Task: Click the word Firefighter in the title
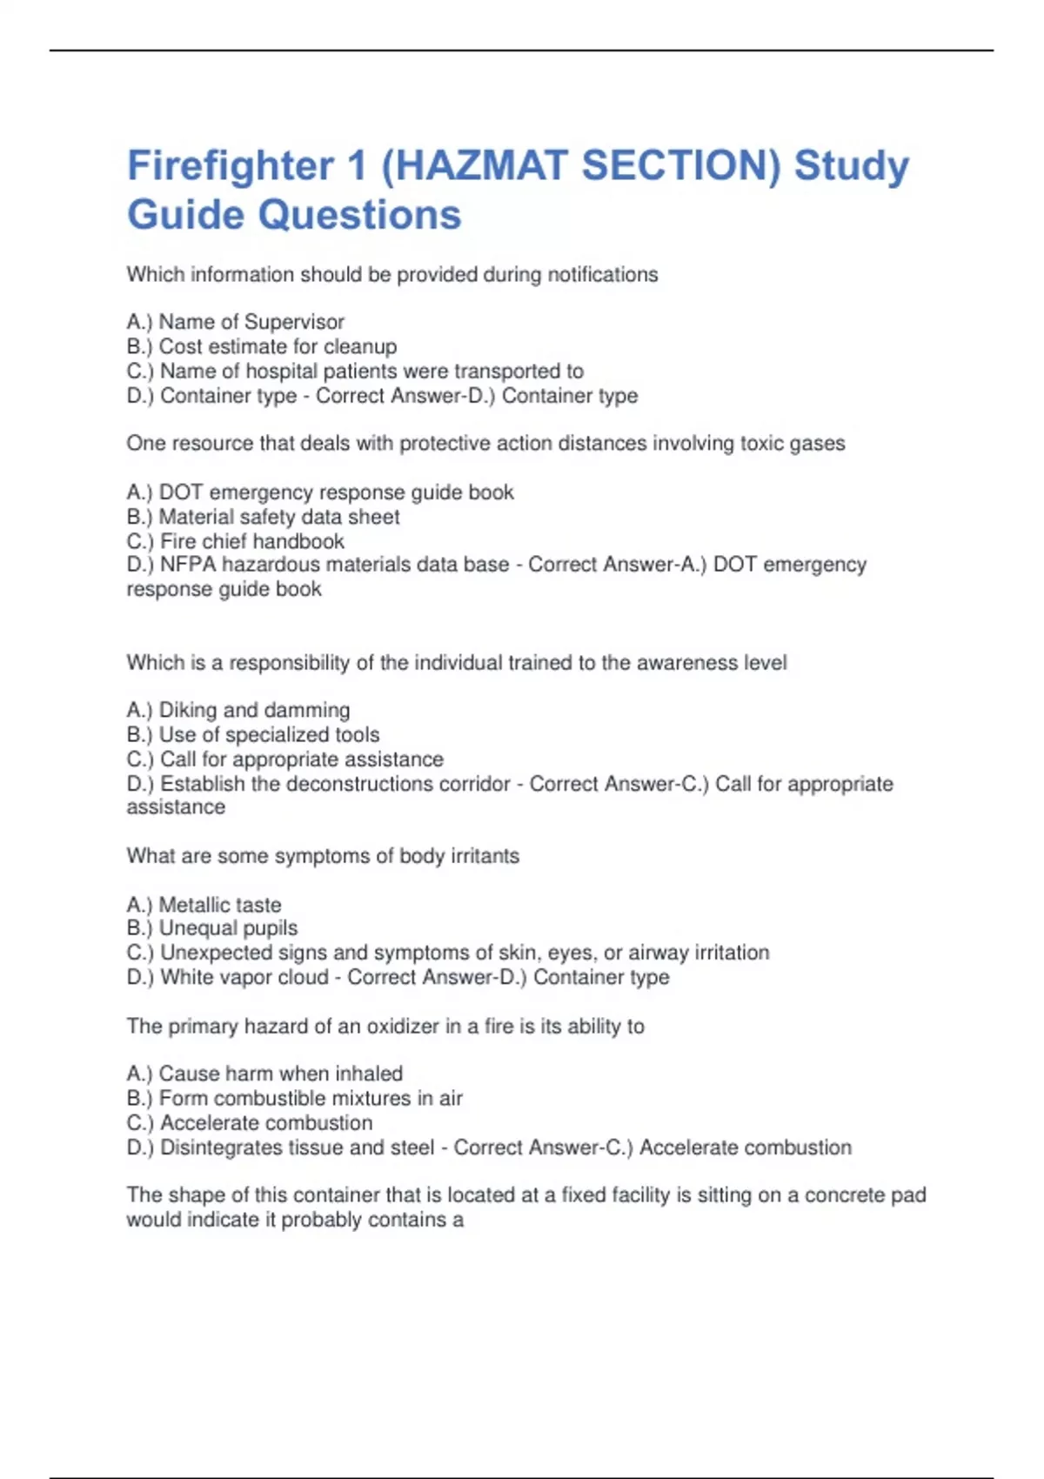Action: (x=231, y=165)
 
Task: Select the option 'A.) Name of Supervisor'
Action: (x=235, y=322)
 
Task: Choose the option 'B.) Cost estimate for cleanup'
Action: (x=261, y=346)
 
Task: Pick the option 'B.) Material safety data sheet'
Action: (x=263, y=517)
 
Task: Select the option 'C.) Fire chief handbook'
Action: (x=235, y=541)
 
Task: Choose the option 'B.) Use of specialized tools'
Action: (x=252, y=734)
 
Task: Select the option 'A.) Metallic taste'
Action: (x=204, y=905)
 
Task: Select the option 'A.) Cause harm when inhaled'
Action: (x=264, y=1074)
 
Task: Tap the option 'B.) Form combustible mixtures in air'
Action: (x=294, y=1098)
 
